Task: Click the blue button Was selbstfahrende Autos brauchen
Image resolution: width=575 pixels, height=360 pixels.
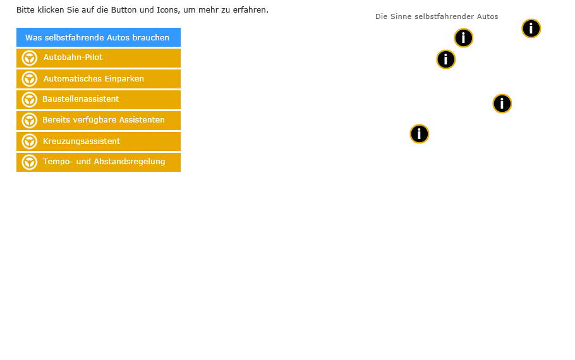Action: [x=99, y=37]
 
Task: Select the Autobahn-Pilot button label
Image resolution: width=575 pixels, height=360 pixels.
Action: [x=73, y=57]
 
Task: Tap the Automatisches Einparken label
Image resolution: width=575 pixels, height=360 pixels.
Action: [x=94, y=78]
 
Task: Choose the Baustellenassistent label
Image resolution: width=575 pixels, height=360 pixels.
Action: [x=81, y=99]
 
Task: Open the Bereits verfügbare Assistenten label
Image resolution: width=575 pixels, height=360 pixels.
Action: [x=104, y=120]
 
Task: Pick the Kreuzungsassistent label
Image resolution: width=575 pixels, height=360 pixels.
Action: [x=82, y=141]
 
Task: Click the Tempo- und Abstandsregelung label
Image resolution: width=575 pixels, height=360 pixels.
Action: [x=104, y=161]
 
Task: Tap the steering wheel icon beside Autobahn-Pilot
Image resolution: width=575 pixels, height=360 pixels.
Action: [x=29, y=58]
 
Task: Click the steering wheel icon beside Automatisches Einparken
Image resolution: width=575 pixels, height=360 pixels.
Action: [x=29, y=79]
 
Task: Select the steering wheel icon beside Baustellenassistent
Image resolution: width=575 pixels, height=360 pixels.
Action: [x=29, y=100]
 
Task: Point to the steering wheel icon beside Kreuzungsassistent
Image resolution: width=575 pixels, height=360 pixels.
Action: [x=29, y=141]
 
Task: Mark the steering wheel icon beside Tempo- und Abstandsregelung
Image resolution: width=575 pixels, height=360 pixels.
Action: [x=29, y=162]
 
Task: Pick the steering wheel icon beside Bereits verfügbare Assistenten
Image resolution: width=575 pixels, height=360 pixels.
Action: [x=29, y=121]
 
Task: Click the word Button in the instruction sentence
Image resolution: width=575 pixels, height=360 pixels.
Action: [x=124, y=10]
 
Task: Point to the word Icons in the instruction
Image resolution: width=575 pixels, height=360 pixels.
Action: [x=168, y=10]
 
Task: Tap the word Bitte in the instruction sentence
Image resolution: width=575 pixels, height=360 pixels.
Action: [x=25, y=10]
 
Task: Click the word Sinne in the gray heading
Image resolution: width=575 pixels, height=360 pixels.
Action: [x=401, y=16]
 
